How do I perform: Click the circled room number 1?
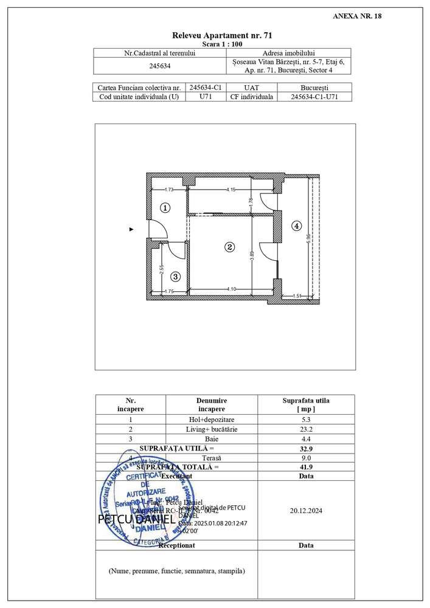click(x=165, y=208)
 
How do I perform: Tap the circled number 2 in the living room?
click(x=229, y=247)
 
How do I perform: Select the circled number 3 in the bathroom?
click(x=175, y=277)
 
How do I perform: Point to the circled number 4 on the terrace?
click(x=296, y=226)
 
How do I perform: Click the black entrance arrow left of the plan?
click(x=131, y=229)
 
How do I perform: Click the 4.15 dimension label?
click(x=231, y=190)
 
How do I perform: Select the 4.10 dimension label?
click(x=231, y=289)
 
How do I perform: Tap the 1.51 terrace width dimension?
click(x=297, y=295)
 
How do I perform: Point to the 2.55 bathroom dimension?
click(x=161, y=268)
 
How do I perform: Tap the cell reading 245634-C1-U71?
click(x=314, y=97)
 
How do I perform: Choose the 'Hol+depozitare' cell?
click(x=212, y=420)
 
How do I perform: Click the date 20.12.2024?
click(x=306, y=511)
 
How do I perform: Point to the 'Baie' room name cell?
click(x=212, y=438)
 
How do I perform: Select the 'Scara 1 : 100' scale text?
click(x=222, y=44)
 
